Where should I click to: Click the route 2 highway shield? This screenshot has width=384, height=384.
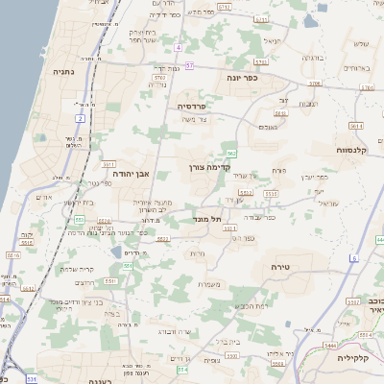80,118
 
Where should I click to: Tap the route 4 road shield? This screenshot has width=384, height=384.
179,46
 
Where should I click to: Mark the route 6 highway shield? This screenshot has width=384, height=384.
353,258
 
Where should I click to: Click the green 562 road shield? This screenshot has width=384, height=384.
232,154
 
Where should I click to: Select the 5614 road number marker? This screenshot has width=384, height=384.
355,126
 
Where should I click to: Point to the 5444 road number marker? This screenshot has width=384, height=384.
329,345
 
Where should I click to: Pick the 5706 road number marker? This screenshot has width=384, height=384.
315,84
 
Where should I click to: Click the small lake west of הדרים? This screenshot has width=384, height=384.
116,252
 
